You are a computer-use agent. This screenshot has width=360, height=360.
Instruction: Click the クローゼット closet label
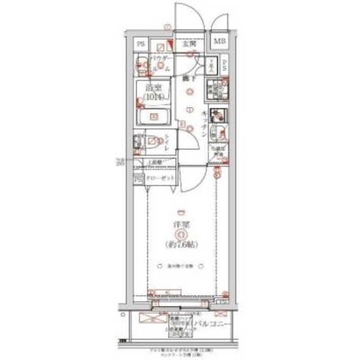tap(160, 179)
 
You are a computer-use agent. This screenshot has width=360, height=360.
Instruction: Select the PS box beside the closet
tap(138, 179)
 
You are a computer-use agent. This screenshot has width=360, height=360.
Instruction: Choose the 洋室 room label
tap(180, 224)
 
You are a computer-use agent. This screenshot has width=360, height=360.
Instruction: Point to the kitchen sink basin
tap(213, 133)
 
